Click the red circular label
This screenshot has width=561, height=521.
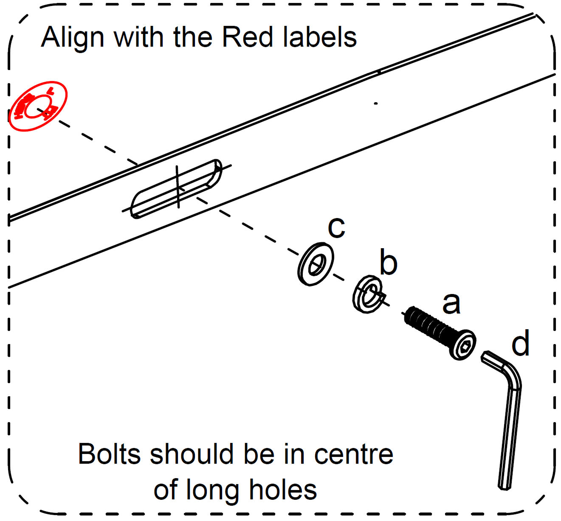point(38,106)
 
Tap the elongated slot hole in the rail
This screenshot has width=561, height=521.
point(176,189)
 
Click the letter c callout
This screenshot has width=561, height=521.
point(336,228)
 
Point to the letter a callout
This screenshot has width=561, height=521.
point(451,304)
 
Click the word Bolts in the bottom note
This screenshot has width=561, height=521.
point(110,454)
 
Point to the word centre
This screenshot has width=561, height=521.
point(354,455)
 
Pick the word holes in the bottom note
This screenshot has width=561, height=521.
point(283,490)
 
